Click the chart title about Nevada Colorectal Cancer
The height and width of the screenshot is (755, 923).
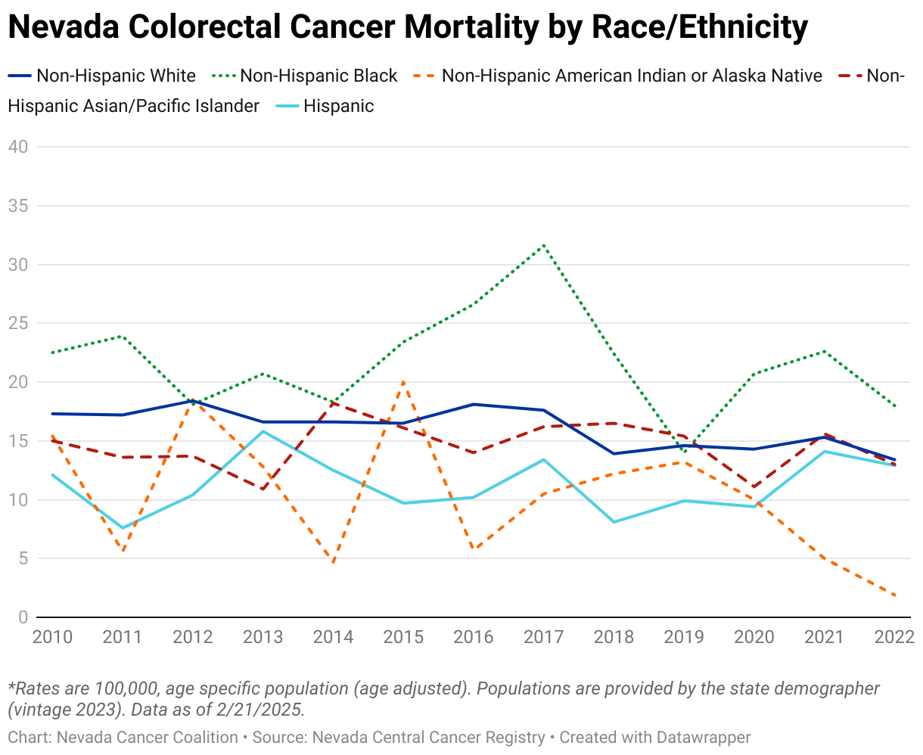[407, 29]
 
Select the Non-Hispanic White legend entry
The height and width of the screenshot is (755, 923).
[116, 76]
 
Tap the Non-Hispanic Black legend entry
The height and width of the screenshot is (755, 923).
[319, 76]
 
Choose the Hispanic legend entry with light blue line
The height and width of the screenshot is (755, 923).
[338, 106]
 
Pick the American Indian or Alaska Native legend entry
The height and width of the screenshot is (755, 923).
[631, 76]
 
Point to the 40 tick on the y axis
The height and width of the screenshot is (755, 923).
[17, 147]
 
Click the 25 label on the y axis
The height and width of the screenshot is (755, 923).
[17, 324]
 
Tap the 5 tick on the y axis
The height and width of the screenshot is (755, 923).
[23, 559]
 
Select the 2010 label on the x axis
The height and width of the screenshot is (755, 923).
[52, 637]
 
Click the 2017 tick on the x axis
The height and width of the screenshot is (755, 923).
[543, 637]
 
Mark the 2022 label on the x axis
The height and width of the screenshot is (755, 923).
[893, 637]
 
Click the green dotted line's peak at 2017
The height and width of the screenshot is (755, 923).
[543, 245]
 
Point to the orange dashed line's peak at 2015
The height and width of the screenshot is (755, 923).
[403, 382]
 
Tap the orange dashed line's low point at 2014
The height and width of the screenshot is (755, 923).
[333, 563]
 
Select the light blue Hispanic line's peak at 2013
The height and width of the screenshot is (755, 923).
[263, 431]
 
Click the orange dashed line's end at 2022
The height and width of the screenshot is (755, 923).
[895, 595]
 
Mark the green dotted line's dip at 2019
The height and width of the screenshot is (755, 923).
[685, 452]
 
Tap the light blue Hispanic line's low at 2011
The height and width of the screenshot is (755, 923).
[123, 528]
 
